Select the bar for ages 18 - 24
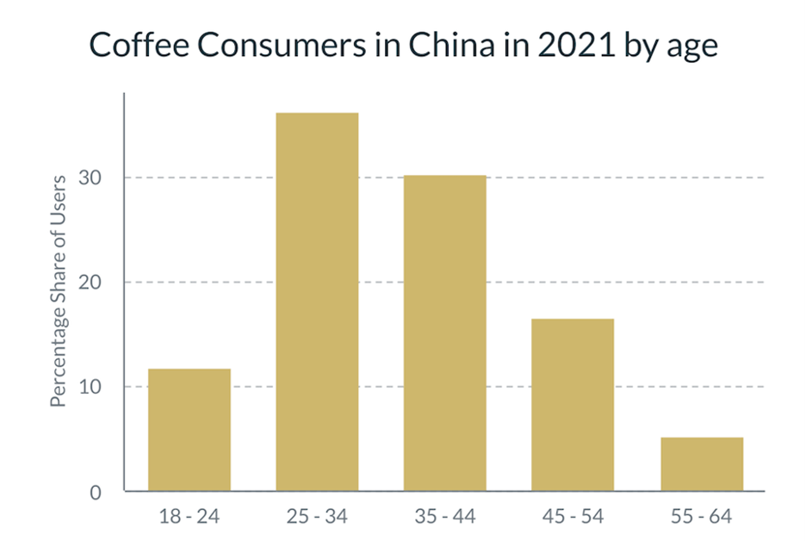pyautogui.click(x=189, y=430)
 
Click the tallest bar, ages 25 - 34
pyautogui.click(x=317, y=302)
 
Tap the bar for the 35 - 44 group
pyautogui.click(x=444, y=333)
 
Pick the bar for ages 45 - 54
pyautogui.click(x=573, y=405)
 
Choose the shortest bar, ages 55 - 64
pyautogui.click(x=701, y=463)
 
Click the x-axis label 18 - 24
pyautogui.click(x=189, y=517)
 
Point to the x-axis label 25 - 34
pyautogui.click(x=317, y=517)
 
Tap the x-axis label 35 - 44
pyautogui.click(x=444, y=517)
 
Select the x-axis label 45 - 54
pyautogui.click(x=573, y=517)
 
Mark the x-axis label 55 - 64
pyautogui.click(x=701, y=517)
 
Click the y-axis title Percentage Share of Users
pyautogui.click(x=58, y=291)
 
